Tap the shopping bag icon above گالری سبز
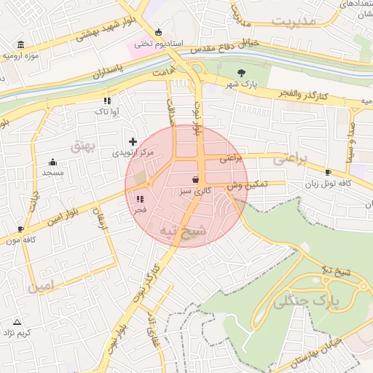coord(195,179)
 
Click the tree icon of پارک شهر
coord(241,71)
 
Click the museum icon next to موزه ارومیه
coord(20,44)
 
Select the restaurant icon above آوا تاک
coord(107,101)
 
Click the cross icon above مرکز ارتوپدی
coord(132,141)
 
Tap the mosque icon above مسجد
coord(52,162)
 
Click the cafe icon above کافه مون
coord(20,229)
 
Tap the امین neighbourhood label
coord(42,287)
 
